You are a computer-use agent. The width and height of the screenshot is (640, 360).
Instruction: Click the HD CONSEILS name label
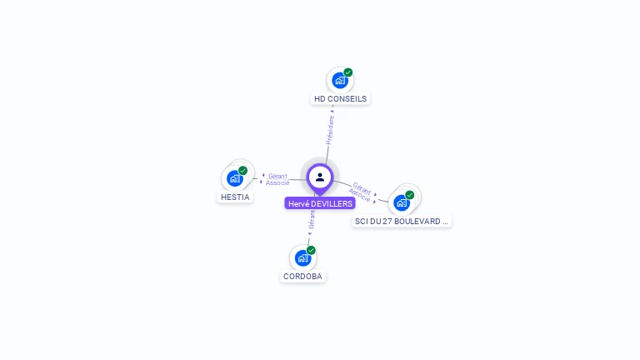[340, 98]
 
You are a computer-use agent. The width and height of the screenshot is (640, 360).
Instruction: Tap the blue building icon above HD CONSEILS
[339, 80]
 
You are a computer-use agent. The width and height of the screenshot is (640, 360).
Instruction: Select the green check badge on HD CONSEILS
[348, 72]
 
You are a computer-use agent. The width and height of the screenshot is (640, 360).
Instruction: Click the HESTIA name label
[235, 197]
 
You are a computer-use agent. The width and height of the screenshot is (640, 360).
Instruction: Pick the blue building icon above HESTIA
[234, 178]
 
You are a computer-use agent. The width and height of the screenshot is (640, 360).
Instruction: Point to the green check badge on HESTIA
[243, 171]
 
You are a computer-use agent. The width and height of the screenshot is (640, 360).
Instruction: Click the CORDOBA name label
[302, 277]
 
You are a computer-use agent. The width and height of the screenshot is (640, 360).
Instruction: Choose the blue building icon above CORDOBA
[302, 258]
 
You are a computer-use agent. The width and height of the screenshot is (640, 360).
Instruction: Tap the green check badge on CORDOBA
[311, 250]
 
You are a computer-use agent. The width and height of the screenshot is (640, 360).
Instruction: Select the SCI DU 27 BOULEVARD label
[402, 222]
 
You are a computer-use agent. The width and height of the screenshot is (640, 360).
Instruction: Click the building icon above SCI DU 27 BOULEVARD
[402, 202]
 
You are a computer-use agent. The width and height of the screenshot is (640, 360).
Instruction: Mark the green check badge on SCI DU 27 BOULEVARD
[410, 195]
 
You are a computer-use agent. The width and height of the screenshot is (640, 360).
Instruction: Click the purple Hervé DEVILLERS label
[320, 203]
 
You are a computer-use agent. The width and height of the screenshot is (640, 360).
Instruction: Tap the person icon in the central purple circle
[320, 177]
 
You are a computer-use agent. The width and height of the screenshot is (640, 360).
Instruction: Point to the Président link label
[331, 130]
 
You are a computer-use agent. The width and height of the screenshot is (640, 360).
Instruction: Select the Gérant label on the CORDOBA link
[312, 219]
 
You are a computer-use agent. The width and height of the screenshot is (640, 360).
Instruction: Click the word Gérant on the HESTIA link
[277, 176]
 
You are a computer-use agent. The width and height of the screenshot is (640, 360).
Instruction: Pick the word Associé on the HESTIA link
[277, 182]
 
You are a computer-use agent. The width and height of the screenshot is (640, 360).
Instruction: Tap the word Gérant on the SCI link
[362, 187]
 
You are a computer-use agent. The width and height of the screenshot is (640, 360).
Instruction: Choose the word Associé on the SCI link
[360, 195]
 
